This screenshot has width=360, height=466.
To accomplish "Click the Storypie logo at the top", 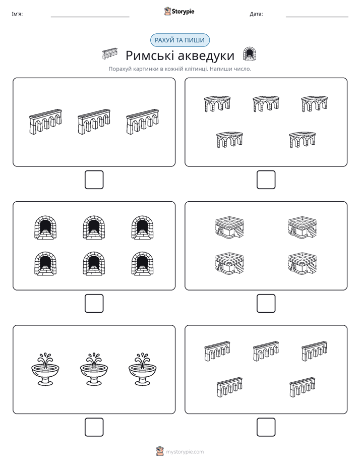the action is tap(179, 11).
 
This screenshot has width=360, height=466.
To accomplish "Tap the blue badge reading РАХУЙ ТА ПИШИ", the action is tap(179, 40).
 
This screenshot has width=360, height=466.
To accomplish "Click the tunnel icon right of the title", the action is tap(250, 54).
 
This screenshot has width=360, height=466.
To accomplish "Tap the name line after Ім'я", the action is tap(90, 17).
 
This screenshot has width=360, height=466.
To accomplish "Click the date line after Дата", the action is tap(317, 17).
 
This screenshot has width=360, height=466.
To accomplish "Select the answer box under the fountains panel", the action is tap(94, 427).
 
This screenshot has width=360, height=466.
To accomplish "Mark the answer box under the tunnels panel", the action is tap(94, 304).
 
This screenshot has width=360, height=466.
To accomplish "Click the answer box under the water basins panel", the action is tap(266, 304).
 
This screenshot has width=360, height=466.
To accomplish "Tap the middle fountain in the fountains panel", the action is tap(94, 369).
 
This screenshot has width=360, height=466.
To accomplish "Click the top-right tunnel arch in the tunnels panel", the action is tap(142, 227).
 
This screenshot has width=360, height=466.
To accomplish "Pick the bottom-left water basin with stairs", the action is tap(229, 263).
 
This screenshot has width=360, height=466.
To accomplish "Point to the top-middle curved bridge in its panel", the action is tap(266, 104).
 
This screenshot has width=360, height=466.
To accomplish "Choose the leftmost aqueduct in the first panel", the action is tap(45, 122).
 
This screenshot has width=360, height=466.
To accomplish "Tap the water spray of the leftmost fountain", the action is tap(45, 359).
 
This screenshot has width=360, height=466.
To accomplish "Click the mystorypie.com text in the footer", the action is tap(185, 452).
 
